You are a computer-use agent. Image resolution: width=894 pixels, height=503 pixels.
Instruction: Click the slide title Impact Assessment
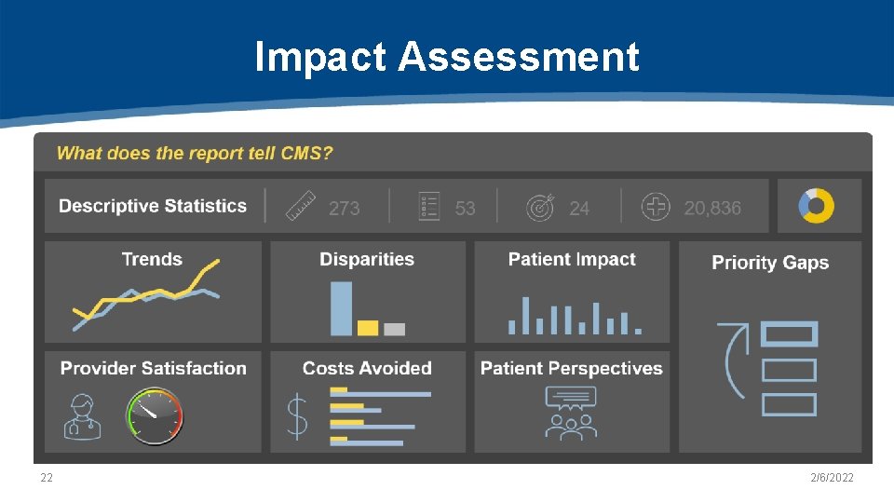(447, 57)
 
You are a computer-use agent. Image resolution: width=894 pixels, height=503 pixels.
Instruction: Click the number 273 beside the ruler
(345, 209)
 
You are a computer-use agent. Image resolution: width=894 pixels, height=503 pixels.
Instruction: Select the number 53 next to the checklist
(466, 209)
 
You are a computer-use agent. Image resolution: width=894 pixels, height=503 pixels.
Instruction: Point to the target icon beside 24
(540, 207)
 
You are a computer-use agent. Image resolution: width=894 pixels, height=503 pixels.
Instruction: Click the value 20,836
(712, 209)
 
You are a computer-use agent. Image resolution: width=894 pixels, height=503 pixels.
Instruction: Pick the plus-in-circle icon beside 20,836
(656, 207)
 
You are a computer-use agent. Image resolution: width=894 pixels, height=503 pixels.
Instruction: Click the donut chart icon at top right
(817, 206)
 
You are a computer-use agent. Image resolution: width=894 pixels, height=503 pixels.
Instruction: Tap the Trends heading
(152, 259)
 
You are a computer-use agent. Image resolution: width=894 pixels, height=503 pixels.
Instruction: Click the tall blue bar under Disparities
(342, 308)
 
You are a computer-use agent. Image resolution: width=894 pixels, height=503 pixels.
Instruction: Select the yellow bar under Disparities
(368, 328)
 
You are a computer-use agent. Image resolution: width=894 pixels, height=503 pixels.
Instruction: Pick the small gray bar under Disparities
(395, 329)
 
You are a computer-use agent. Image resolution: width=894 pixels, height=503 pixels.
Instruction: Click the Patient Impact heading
(572, 259)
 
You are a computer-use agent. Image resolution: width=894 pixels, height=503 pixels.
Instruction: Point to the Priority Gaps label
(770, 263)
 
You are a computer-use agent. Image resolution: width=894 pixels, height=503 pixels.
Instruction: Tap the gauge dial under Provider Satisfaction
(156, 415)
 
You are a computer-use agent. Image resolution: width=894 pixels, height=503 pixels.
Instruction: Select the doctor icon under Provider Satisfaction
(83, 416)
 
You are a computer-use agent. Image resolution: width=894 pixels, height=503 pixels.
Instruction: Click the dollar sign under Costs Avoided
(297, 416)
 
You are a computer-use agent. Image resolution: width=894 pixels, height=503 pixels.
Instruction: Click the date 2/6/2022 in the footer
(832, 478)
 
